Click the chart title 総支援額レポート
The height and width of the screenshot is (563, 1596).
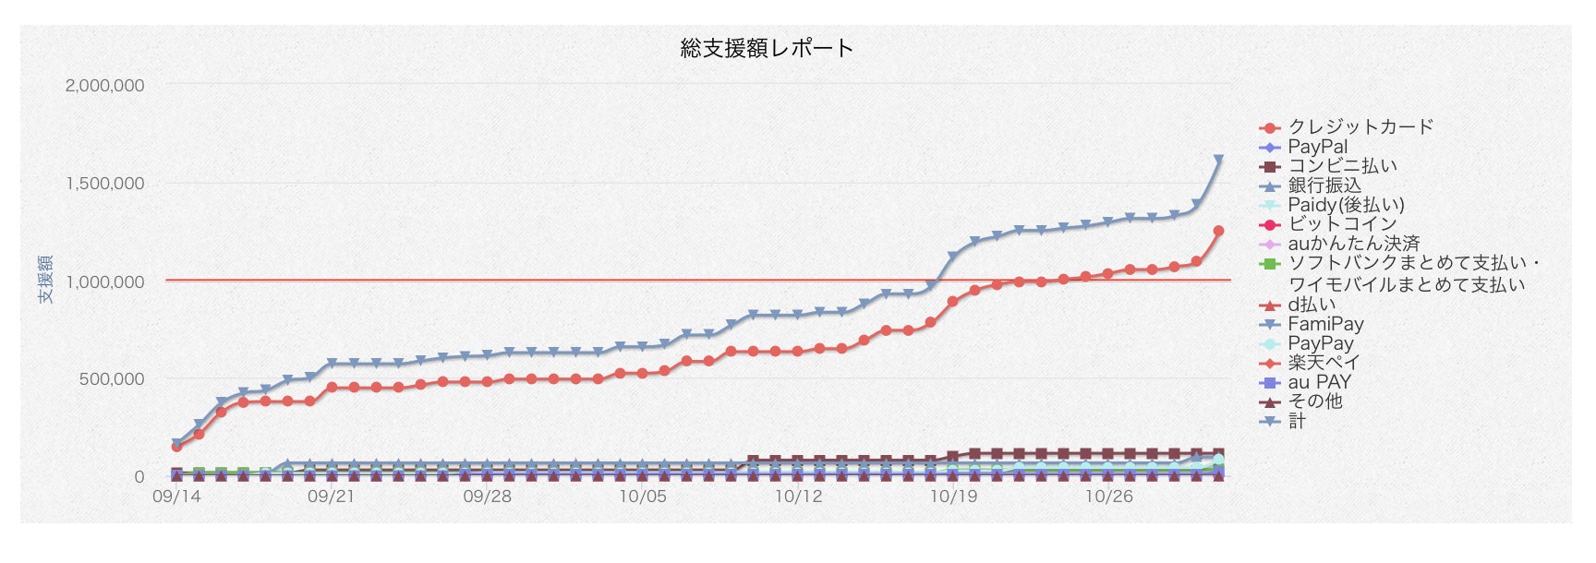pyautogui.click(x=767, y=48)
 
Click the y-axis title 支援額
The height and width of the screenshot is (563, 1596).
pyautogui.click(x=45, y=280)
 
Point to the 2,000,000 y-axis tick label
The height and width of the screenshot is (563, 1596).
pyautogui.click(x=105, y=86)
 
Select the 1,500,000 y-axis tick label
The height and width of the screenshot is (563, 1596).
pyautogui.click(x=105, y=184)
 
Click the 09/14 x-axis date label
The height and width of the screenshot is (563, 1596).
pyautogui.click(x=175, y=497)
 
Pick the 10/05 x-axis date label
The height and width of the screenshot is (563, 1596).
pyautogui.click(x=642, y=497)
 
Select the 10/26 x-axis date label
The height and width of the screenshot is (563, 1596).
pyautogui.click(x=1108, y=497)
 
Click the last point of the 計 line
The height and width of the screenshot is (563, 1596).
pyautogui.click(x=1218, y=161)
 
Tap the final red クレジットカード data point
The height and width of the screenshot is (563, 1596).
pyautogui.click(x=1218, y=232)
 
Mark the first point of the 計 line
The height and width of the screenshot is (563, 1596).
pyautogui.click(x=176, y=444)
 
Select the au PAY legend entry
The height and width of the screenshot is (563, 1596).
pyautogui.click(x=1319, y=382)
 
